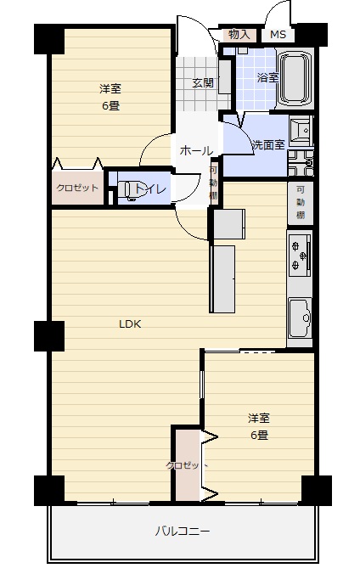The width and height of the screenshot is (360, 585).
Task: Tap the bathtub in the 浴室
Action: click(x=295, y=77)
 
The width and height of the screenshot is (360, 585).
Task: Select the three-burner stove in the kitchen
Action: click(x=300, y=256)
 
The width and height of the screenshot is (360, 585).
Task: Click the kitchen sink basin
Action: click(x=301, y=318)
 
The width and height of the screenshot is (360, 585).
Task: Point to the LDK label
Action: click(x=130, y=323)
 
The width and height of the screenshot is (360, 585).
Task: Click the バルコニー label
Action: click(x=183, y=531)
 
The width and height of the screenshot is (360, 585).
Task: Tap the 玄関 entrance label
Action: click(x=203, y=83)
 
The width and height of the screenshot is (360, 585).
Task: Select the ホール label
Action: click(x=196, y=151)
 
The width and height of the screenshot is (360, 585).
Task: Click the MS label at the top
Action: click(x=278, y=35)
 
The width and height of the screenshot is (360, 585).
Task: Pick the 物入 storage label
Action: click(x=239, y=35)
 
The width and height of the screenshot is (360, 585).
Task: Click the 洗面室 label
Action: click(x=268, y=144)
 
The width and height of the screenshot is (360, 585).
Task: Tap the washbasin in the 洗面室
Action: click(x=301, y=130)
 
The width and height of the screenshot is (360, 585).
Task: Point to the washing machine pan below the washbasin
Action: click(x=301, y=163)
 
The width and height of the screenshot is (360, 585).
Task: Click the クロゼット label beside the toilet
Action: click(x=77, y=188)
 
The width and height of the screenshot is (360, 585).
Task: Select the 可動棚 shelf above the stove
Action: click(x=301, y=202)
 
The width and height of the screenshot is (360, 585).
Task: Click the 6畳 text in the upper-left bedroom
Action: click(x=110, y=106)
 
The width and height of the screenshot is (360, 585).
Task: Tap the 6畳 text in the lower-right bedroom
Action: click(x=259, y=435)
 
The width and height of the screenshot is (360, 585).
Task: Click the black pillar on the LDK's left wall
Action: click(x=49, y=335)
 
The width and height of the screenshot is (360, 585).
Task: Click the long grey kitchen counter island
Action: click(x=222, y=278)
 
